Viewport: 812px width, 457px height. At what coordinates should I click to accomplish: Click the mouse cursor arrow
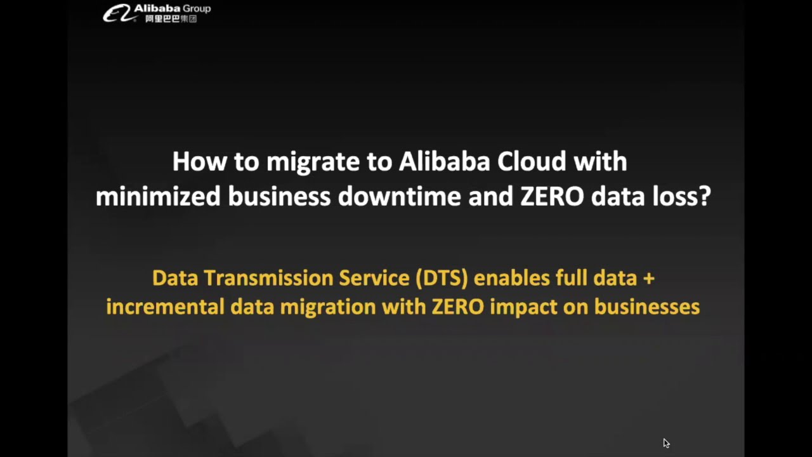[665, 443]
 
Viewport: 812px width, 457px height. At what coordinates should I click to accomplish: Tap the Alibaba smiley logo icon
[118, 13]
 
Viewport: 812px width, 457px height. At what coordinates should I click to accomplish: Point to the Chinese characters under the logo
[171, 19]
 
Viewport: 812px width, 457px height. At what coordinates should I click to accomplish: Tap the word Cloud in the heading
[532, 161]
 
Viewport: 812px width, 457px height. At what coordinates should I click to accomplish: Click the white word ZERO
[552, 197]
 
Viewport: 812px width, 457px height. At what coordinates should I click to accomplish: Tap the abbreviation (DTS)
[442, 278]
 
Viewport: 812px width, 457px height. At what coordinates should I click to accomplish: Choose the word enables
[512, 278]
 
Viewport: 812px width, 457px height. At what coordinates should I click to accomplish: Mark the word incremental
[165, 307]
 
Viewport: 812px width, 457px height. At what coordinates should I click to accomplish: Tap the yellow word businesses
[646, 307]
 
